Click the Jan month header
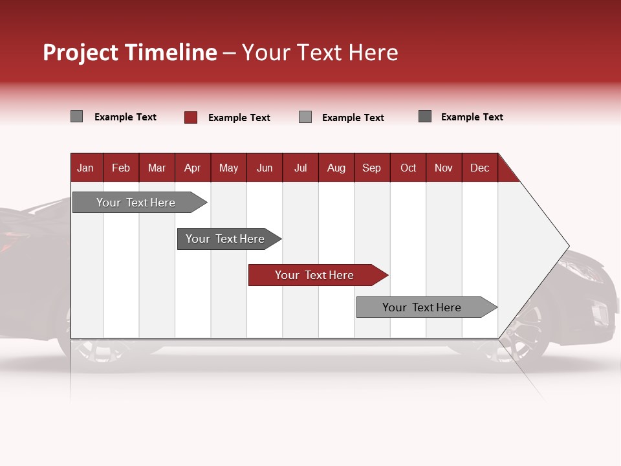pyautogui.click(x=86, y=168)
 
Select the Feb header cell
pyautogui.click(x=121, y=168)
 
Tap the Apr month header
pyautogui.click(x=193, y=168)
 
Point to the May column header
pyautogui.click(x=228, y=168)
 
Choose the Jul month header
pyautogui.click(x=300, y=168)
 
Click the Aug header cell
pyautogui.click(x=336, y=168)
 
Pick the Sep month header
pyautogui.click(x=372, y=168)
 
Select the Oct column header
pyautogui.click(x=408, y=168)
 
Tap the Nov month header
pyautogui.click(x=444, y=168)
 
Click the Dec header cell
pyautogui.click(x=480, y=168)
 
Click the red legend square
pyautogui.click(x=191, y=117)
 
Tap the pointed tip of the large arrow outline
pyautogui.click(x=568, y=247)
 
